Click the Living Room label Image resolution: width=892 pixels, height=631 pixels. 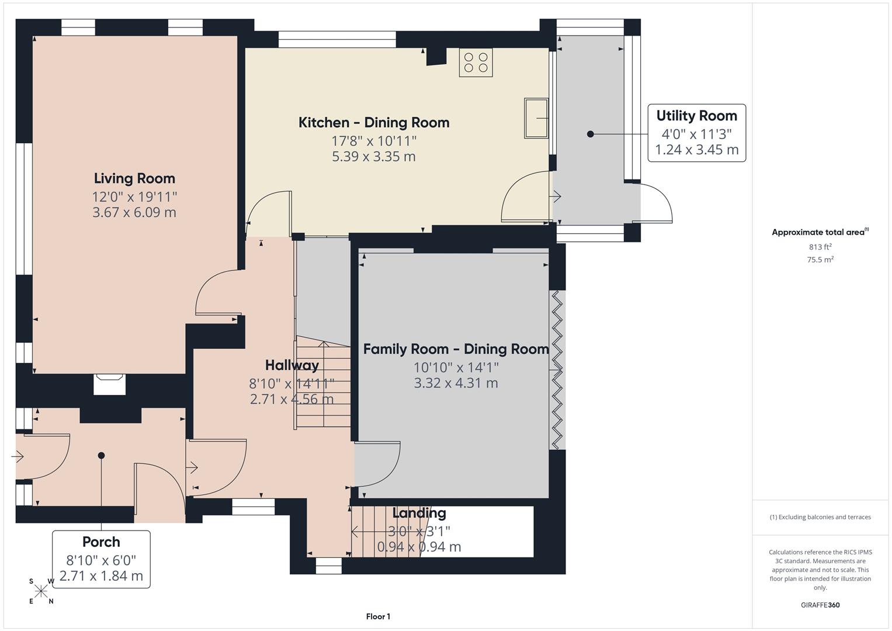(x=134, y=178)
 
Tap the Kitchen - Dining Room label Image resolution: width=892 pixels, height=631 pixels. (x=374, y=122)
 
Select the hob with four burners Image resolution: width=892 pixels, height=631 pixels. (x=475, y=63)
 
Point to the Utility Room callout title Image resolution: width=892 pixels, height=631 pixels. (x=696, y=116)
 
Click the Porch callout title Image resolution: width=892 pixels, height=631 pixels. (x=101, y=542)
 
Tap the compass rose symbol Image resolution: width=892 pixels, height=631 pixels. (x=41, y=591)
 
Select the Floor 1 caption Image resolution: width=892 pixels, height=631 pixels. (x=378, y=616)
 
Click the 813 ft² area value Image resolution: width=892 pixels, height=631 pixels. (x=820, y=247)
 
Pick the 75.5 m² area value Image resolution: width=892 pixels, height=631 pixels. (x=820, y=260)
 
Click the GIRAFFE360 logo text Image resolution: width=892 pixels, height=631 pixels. (x=820, y=605)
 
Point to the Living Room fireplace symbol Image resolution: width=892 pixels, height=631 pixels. (x=109, y=385)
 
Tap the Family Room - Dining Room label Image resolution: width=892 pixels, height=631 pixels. (x=456, y=349)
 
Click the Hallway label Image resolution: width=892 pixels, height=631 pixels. (x=291, y=365)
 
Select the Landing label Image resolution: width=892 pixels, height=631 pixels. (x=419, y=513)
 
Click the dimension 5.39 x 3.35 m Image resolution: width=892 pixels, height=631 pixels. (x=374, y=157)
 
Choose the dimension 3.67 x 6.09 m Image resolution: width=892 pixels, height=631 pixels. (x=134, y=212)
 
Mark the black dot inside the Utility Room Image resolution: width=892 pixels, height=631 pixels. (x=590, y=134)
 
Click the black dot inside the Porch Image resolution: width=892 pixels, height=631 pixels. (x=101, y=455)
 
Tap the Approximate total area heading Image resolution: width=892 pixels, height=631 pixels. (x=819, y=233)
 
